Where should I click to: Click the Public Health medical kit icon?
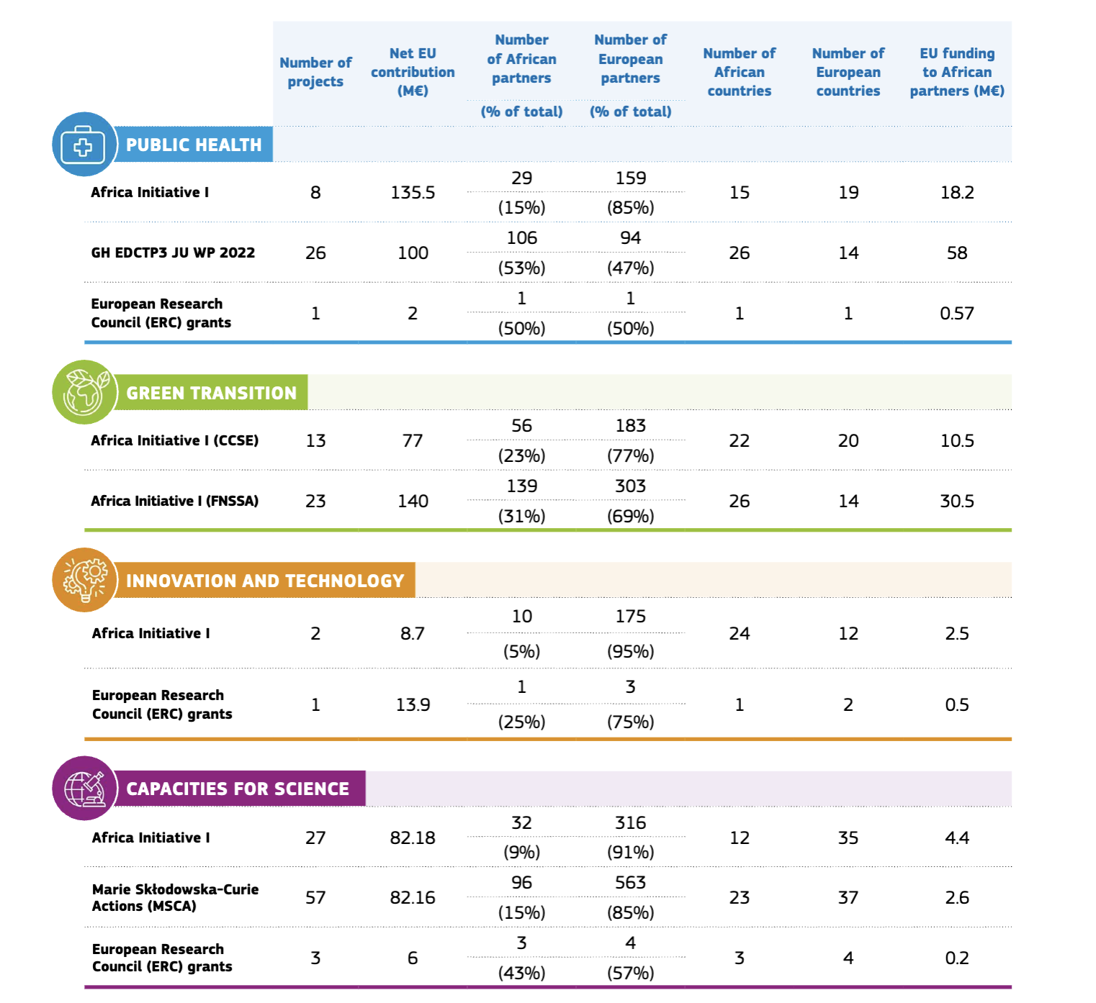(x=84, y=145)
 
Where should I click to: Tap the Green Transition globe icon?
(x=84, y=392)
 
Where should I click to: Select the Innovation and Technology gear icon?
(x=84, y=580)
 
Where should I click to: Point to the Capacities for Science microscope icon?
(x=84, y=788)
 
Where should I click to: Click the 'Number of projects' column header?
(x=315, y=72)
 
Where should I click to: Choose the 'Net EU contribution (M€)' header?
(x=413, y=72)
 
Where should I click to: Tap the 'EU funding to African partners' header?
(x=956, y=72)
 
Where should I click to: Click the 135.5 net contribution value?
(x=413, y=193)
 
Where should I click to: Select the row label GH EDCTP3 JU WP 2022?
(x=173, y=253)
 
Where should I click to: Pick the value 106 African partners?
(x=521, y=238)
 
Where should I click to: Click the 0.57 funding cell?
(x=956, y=314)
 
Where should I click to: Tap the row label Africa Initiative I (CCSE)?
(x=174, y=440)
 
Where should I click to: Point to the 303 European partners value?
(x=630, y=486)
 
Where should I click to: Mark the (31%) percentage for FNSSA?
(x=521, y=516)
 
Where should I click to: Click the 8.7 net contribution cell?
(x=413, y=634)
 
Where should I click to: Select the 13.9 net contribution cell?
(x=413, y=705)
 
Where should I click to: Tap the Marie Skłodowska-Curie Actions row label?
(x=175, y=897)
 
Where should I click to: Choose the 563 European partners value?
(x=630, y=883)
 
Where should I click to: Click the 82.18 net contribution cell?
(x=413, y=838)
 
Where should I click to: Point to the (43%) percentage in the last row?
(x=521, y=973)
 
